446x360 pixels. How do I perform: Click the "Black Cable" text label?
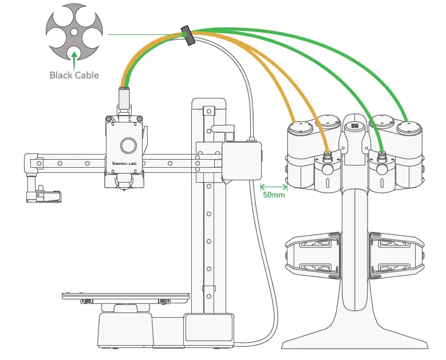74,75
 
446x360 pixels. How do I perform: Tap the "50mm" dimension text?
274,195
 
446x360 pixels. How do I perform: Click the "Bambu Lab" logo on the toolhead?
124,163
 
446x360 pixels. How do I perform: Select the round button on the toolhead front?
128,145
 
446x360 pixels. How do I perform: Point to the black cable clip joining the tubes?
187,35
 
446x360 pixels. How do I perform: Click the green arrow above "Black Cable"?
74,61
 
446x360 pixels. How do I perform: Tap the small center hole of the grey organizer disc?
74,32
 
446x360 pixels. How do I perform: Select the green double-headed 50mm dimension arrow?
274,187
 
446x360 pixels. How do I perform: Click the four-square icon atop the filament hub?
354,126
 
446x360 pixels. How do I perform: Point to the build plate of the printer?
125,296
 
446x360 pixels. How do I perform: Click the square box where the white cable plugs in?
242,161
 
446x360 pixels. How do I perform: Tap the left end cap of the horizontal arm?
31,163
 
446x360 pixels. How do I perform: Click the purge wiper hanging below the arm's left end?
44,194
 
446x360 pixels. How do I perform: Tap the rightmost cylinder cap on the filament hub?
409,127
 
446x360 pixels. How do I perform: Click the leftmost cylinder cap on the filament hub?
301,128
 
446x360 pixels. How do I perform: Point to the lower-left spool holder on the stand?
313,256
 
